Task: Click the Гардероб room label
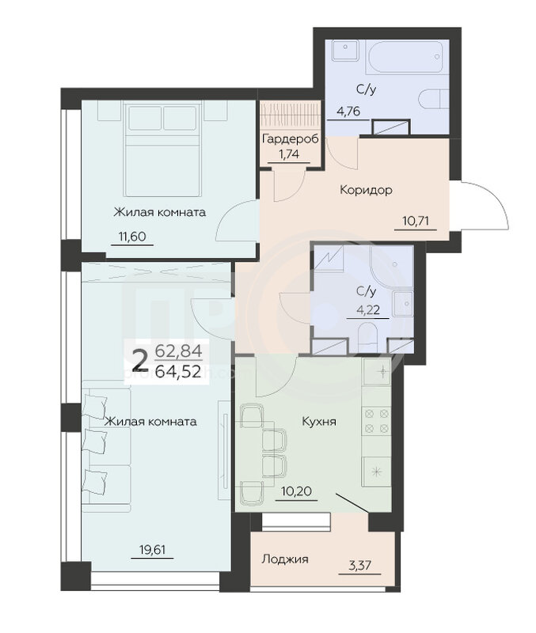290,139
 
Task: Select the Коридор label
366,189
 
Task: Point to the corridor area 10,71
416,221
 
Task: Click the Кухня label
319,422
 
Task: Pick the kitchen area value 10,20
296,491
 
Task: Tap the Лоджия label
285,559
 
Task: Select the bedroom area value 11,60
132,236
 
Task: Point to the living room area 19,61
152,549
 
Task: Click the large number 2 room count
139,361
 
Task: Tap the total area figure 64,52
178,372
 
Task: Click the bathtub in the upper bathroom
407,56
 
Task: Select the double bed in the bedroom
162,149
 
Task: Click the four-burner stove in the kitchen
376,420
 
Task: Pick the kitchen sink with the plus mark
376,371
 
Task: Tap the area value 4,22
367,309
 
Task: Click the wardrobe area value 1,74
289,154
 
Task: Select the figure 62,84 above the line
178,351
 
